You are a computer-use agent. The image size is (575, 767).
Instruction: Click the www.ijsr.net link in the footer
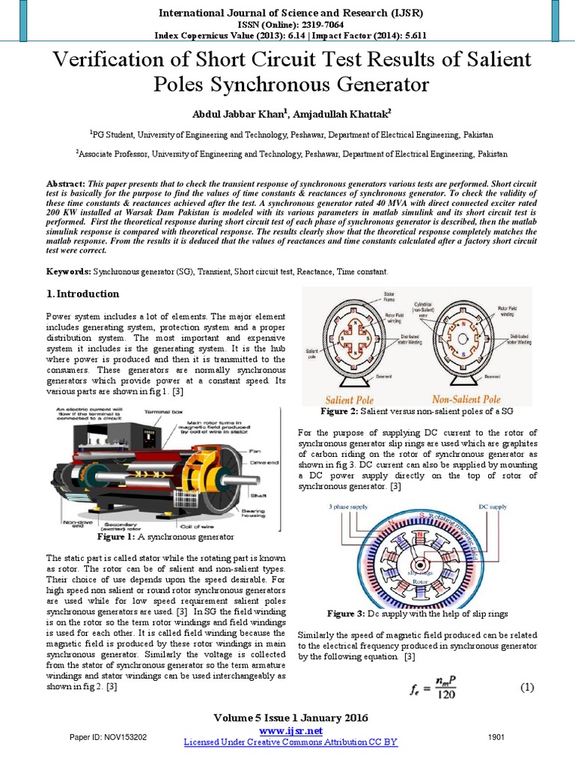point(290,730)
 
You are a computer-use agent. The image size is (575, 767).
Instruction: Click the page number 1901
point(496,738)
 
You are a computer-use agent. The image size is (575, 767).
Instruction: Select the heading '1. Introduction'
point(82,294)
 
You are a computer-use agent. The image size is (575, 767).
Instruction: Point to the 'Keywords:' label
point(70,270)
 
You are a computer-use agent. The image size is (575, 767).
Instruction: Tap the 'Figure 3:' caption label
point(344,613)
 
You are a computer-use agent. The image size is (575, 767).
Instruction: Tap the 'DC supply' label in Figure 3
point(493,507)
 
